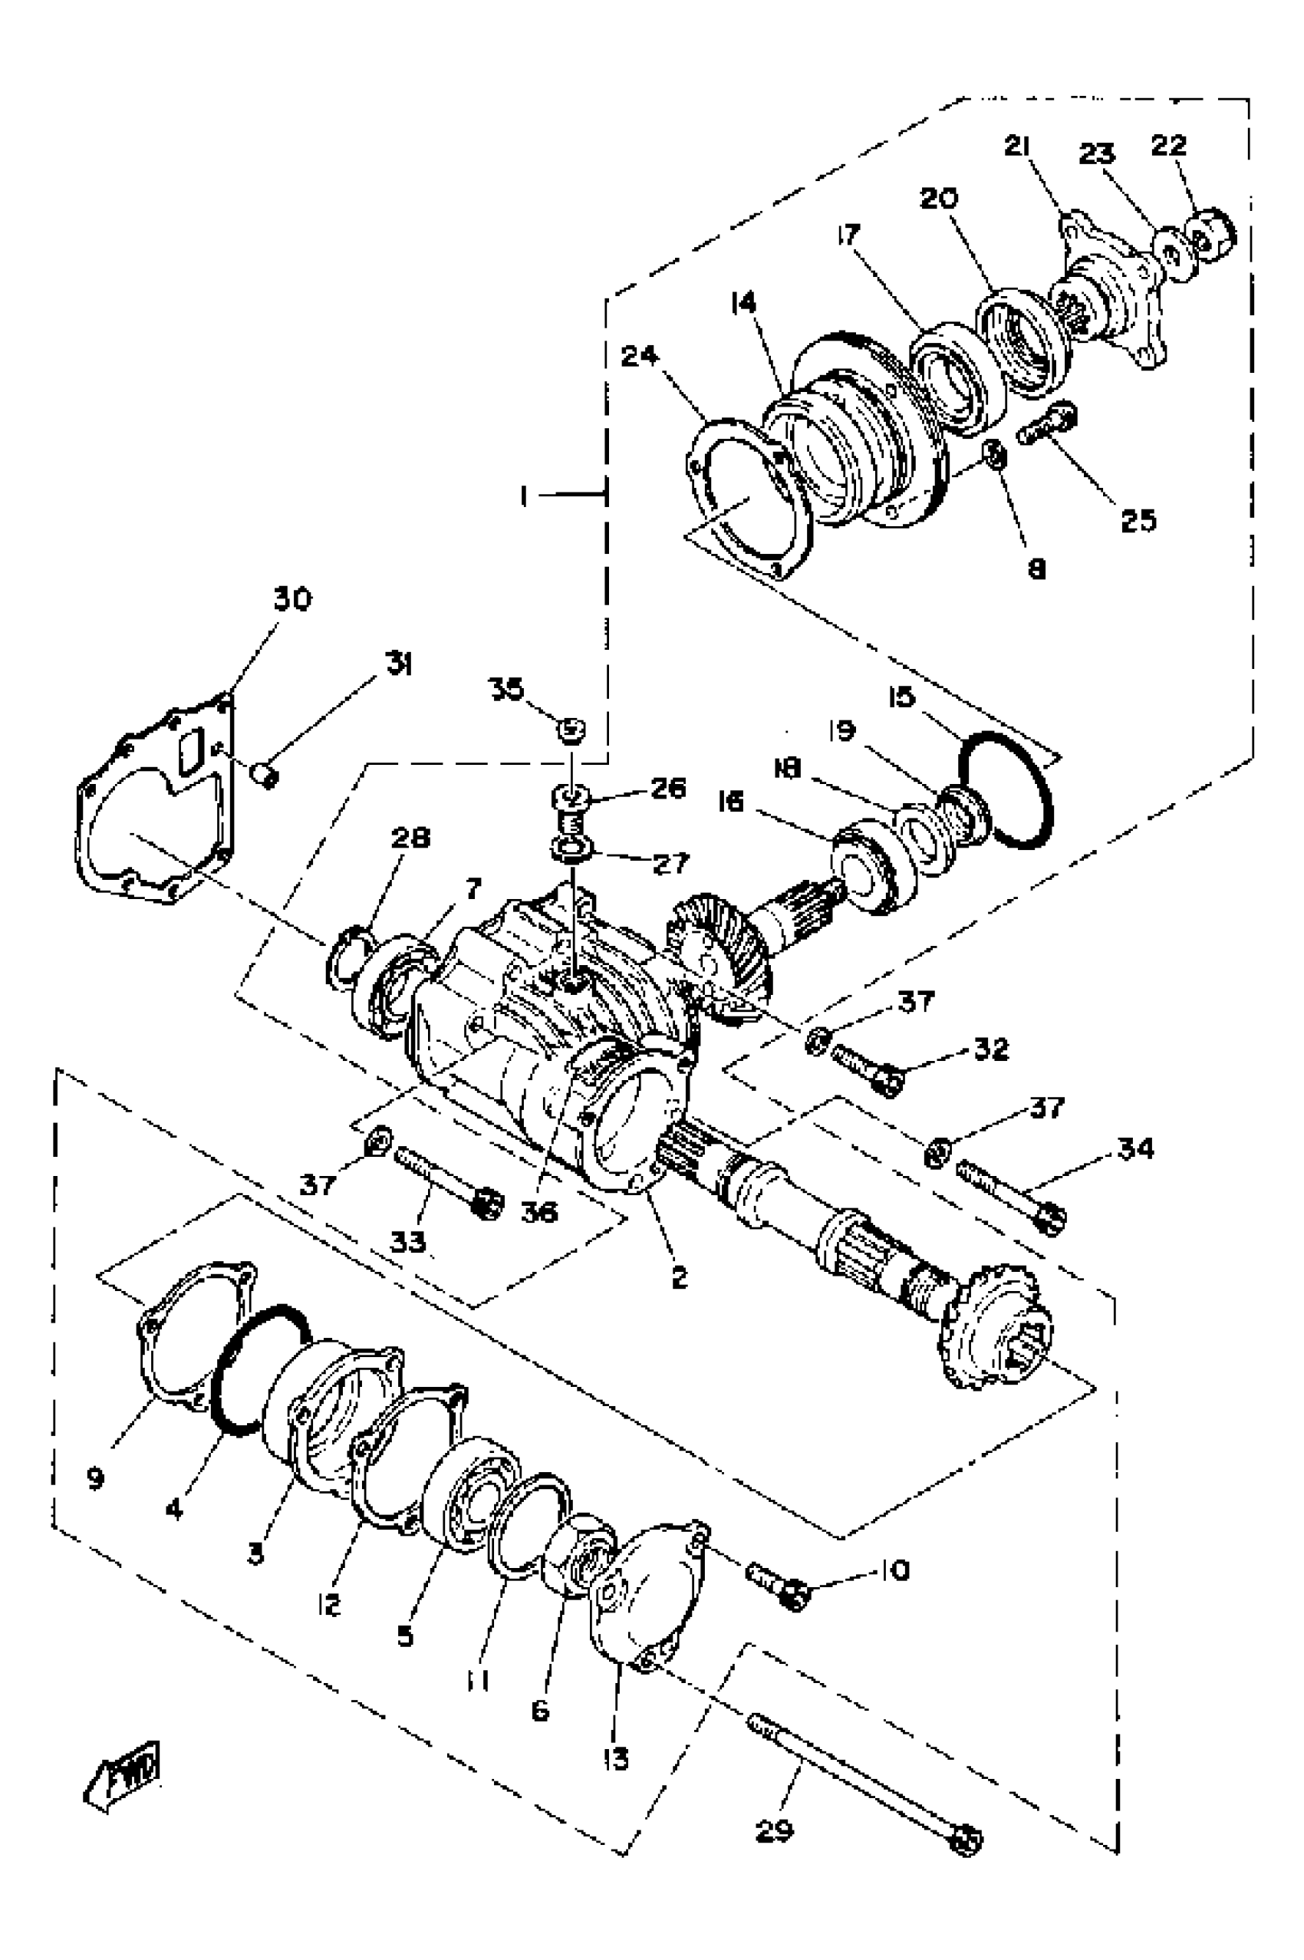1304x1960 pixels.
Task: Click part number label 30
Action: [x=292, y=598]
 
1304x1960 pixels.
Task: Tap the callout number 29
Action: [x=774, y=1830]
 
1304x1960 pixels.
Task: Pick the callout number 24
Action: [x=640, y=357]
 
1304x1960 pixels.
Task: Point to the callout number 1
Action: [x=524, y=496]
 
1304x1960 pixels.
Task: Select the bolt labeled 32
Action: [x=867, y=1069]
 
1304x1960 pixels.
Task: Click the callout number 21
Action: [x=1017, y=147]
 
